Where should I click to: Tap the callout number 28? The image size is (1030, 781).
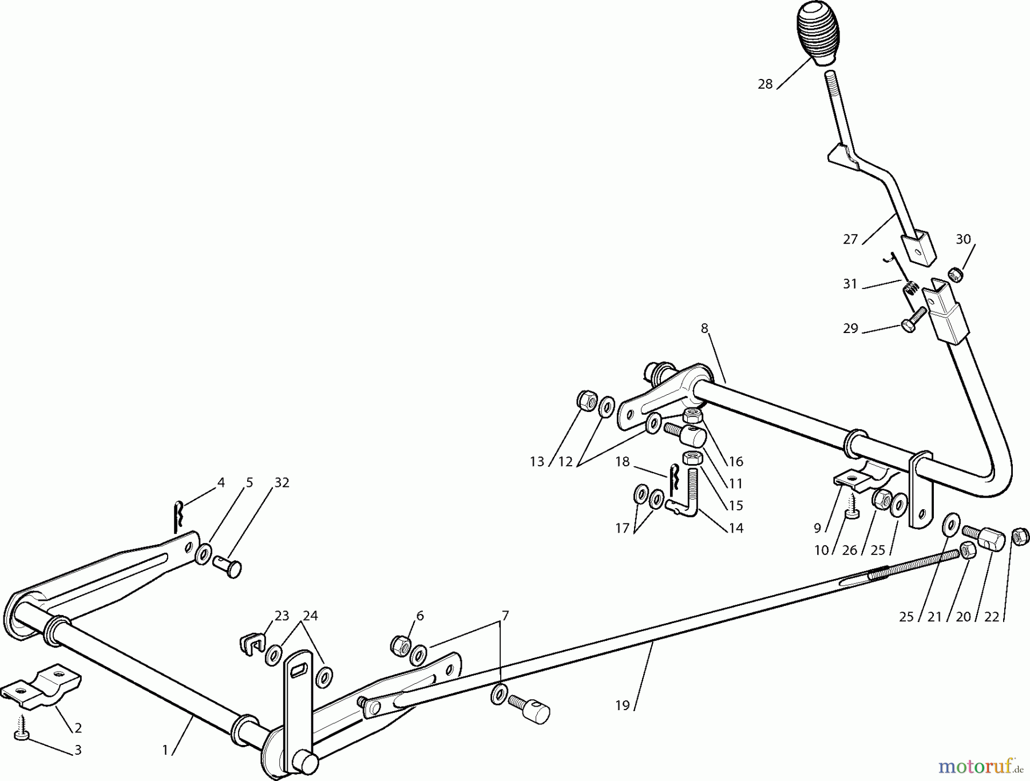(765, 85)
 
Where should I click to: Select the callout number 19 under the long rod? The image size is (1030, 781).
(623, 705)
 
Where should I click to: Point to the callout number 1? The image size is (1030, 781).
(165, 750)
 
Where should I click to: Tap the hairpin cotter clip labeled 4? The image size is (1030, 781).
(179, 514)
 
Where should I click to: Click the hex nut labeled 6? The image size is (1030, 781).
(399, 645)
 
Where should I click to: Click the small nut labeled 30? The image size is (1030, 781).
(954, 275)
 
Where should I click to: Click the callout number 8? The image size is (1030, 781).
(704, 328)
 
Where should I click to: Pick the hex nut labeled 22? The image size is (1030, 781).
(1020, 536)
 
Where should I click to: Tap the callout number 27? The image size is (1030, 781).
(850, 239)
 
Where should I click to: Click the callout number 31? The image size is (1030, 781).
(850, 284)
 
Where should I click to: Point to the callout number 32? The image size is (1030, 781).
(282, 483)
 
